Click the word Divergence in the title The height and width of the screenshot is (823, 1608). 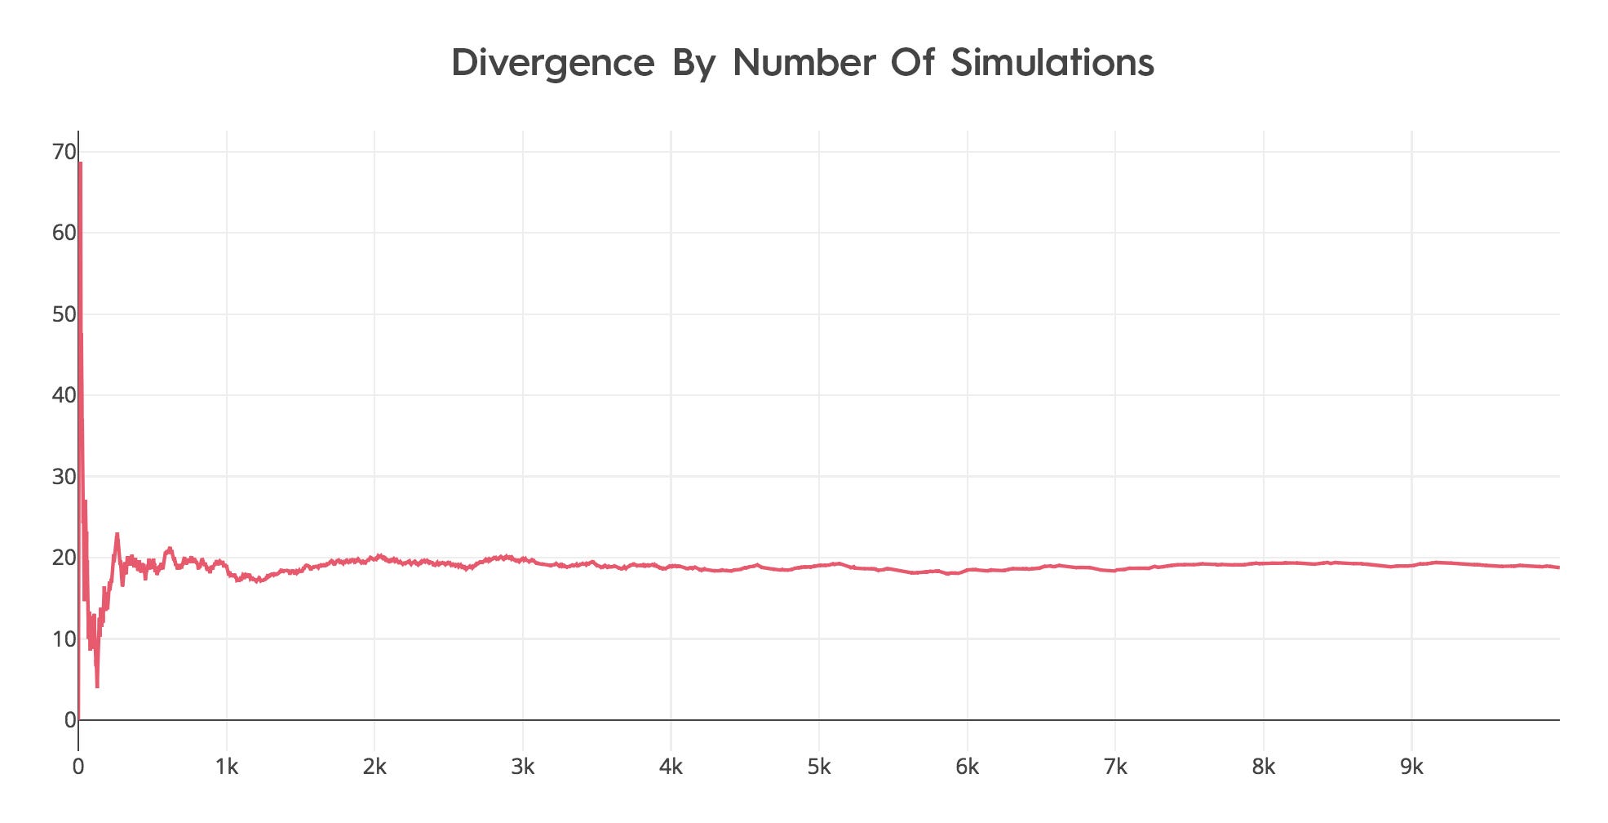click(x=552, y=64)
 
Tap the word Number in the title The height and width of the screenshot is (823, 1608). click(x=804, y=62)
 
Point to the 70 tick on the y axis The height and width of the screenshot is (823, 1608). click(x=64, y=152)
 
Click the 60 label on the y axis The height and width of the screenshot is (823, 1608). click(x=64, y=233)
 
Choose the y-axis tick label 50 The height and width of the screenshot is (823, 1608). click(x=64, y=314)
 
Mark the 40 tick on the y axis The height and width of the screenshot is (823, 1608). click(x=64, y=395)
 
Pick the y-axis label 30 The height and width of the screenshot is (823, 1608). click(x=64, y=476)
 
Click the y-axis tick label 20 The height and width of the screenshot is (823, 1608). click(x=64, y=558)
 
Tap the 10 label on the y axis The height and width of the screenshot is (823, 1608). click(x=64, y=638)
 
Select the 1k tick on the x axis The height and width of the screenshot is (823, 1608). click(x=227, y=767)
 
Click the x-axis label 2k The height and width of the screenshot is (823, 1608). click(x=374, y=767)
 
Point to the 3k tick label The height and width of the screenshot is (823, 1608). click(x=523, y=767)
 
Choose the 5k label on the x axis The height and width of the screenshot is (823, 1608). click(x=819, y=767)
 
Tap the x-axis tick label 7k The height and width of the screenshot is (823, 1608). click(x=1115, y=767)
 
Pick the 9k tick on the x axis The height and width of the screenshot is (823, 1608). click(x=1411, y=767)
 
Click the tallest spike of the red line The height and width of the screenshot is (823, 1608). click(x=80, y=163)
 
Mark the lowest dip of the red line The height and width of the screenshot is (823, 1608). click(x=97, y=687)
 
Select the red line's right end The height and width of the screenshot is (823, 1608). click(x=1559, y=567)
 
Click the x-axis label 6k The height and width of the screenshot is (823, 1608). click(x=968, y=767)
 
